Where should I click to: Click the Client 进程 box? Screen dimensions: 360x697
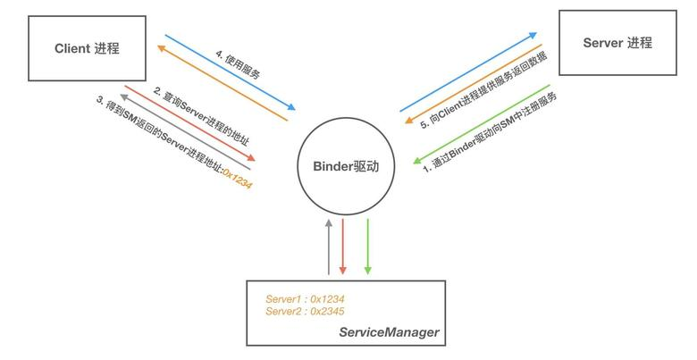coord(86,47)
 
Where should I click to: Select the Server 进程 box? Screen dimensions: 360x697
coord(617,44)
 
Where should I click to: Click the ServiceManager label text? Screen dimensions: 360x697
coord(389,332)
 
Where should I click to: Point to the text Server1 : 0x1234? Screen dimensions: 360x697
coord(306,298)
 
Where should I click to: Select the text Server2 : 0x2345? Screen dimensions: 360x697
coord(306,311)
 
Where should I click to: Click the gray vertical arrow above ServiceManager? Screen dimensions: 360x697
coord(329,246)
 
